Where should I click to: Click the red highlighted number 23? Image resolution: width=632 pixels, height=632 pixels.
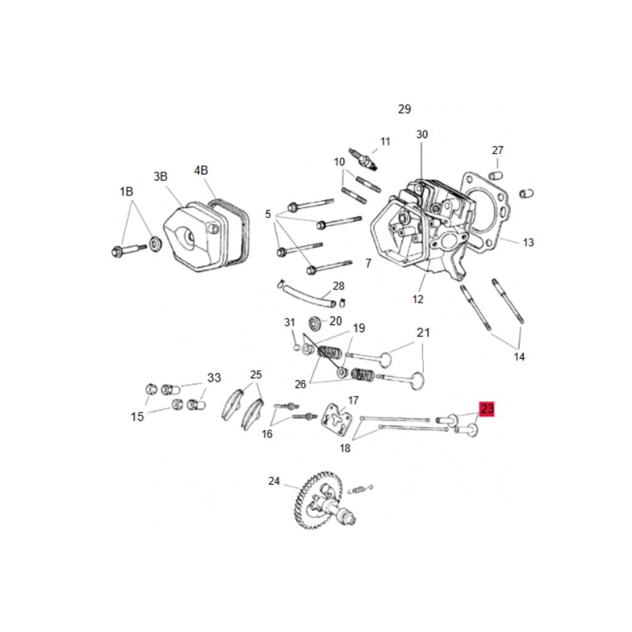[x=487, y=409]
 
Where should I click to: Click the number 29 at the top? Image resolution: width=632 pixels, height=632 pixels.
[x=404, y=109]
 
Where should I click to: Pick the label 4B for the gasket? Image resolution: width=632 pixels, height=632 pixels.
[x=201, y=170]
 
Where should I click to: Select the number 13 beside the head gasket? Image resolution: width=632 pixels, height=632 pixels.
[x=528, y=242]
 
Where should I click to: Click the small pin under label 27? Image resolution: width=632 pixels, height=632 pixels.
[x=496, y=176]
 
